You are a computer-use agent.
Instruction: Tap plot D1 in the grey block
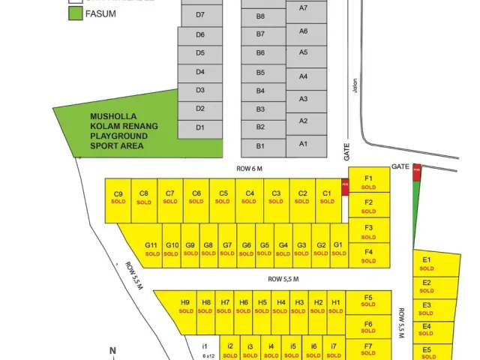click(x=200, y=127)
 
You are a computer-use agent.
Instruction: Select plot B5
click(x=260, y=73)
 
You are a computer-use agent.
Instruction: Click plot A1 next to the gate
click(x=304, y=143)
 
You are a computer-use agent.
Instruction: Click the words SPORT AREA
click(x=117, y=145)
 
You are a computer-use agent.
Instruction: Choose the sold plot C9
click(x=118, y=197)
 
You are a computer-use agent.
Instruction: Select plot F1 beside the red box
click(x=368, y=182)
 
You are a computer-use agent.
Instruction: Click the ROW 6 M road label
click(x=250, y=169)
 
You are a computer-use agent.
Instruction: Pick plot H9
click(x=185, y=306)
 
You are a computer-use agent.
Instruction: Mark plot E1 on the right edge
click(x=427, y=263)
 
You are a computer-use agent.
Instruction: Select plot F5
click(x=368, y=301)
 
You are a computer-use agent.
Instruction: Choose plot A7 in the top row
click(x=304, y=7)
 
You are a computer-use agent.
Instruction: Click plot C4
click(x=250, y=197)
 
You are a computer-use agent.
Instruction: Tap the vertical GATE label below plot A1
click(x=347, y=152)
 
